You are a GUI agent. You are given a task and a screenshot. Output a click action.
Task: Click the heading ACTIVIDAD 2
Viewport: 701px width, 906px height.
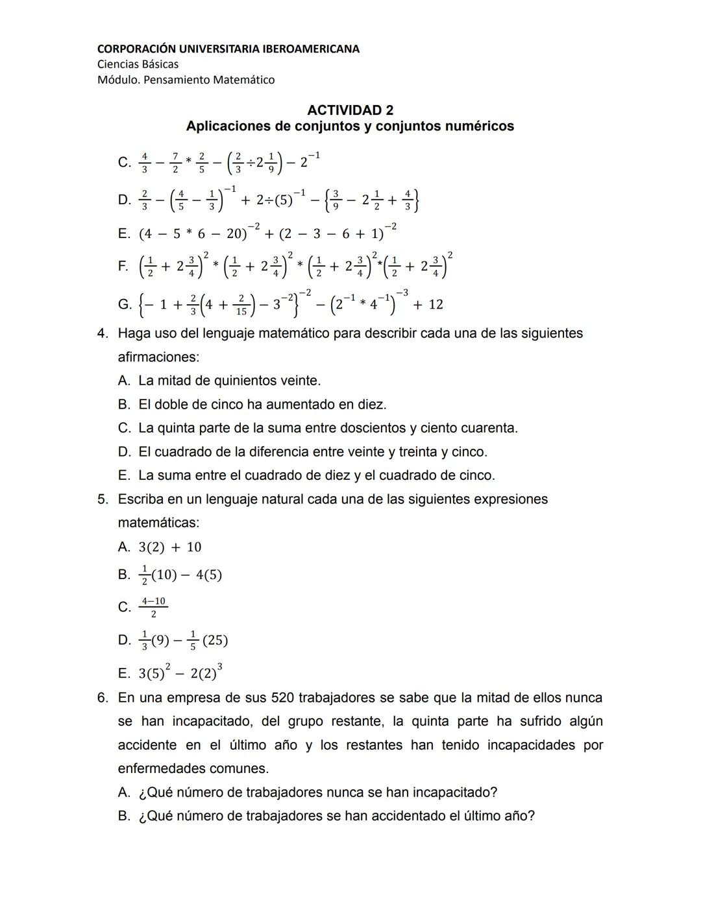pos(350,110)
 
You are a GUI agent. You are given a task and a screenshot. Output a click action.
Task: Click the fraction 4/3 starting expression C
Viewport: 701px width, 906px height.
pos(144,163)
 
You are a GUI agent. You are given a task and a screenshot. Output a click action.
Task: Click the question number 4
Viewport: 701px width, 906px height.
pos(103,333)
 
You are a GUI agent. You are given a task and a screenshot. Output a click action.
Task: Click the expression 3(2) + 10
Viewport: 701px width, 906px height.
pos(170,547)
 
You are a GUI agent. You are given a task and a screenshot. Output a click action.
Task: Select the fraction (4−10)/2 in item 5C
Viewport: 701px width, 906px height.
pos(154,607)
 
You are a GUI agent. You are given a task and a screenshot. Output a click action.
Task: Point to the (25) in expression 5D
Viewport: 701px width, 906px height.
pos(215,641)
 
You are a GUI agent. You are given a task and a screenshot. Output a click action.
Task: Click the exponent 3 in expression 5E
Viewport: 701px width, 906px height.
pos(220,666)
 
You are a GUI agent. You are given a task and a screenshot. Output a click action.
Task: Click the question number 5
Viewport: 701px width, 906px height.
pos(103,499)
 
